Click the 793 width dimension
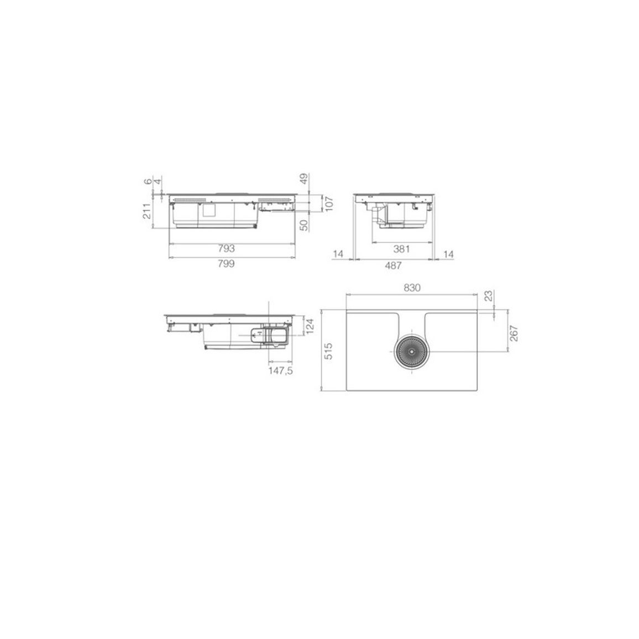[x=226, y=248]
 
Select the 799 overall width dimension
[x=226, y=264]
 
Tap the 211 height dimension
[x=147, y=211]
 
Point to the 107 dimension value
[x=329, y=203]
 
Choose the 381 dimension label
[x=401, y=249]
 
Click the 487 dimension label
[x=393, y=265]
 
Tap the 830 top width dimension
[x=412, y=287]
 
